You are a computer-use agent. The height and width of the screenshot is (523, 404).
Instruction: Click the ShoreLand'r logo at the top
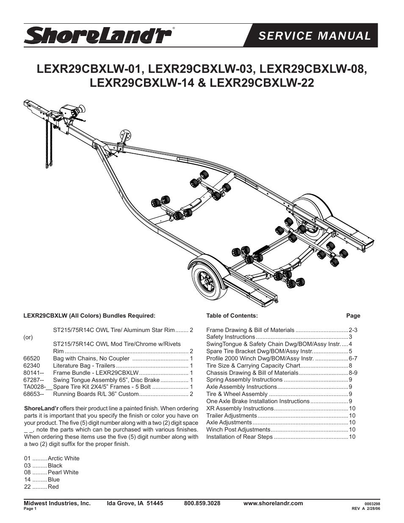pyautogui.click(x=98, y=36)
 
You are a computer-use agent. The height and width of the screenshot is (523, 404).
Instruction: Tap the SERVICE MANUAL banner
pyautogui.click(x=314, y=36)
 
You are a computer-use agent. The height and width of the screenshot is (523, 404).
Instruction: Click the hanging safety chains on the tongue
pyautogui.click(x=48, y=144)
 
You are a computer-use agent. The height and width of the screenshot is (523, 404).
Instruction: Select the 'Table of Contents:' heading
pyautogui.click(x=232, y=315)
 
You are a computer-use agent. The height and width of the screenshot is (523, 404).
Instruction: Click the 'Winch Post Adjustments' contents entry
pyautogui.click(x=238, y=429)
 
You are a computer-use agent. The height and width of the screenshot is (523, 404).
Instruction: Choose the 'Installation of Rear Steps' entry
pyautogui.click(x=239, y=437)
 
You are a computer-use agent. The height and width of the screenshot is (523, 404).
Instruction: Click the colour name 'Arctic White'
pyautogui.click(x=64, y=458)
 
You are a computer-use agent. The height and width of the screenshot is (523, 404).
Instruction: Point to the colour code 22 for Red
pyautogui.click(x=28, y=487)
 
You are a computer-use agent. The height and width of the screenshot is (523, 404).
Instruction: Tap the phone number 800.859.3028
pyautogui.click(x=202, y=503)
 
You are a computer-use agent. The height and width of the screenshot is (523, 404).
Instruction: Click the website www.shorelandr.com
pyautogui.click(x=273, y=503)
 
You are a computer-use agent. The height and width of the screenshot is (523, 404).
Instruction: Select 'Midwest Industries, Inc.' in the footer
pyautogui.click(x=57, y=503)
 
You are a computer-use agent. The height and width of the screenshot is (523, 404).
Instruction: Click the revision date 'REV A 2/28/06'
pyautogui.click(x=366, y=509)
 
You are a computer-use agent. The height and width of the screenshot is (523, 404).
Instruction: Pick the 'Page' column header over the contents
pyautogui.click(x=353, y=315)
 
